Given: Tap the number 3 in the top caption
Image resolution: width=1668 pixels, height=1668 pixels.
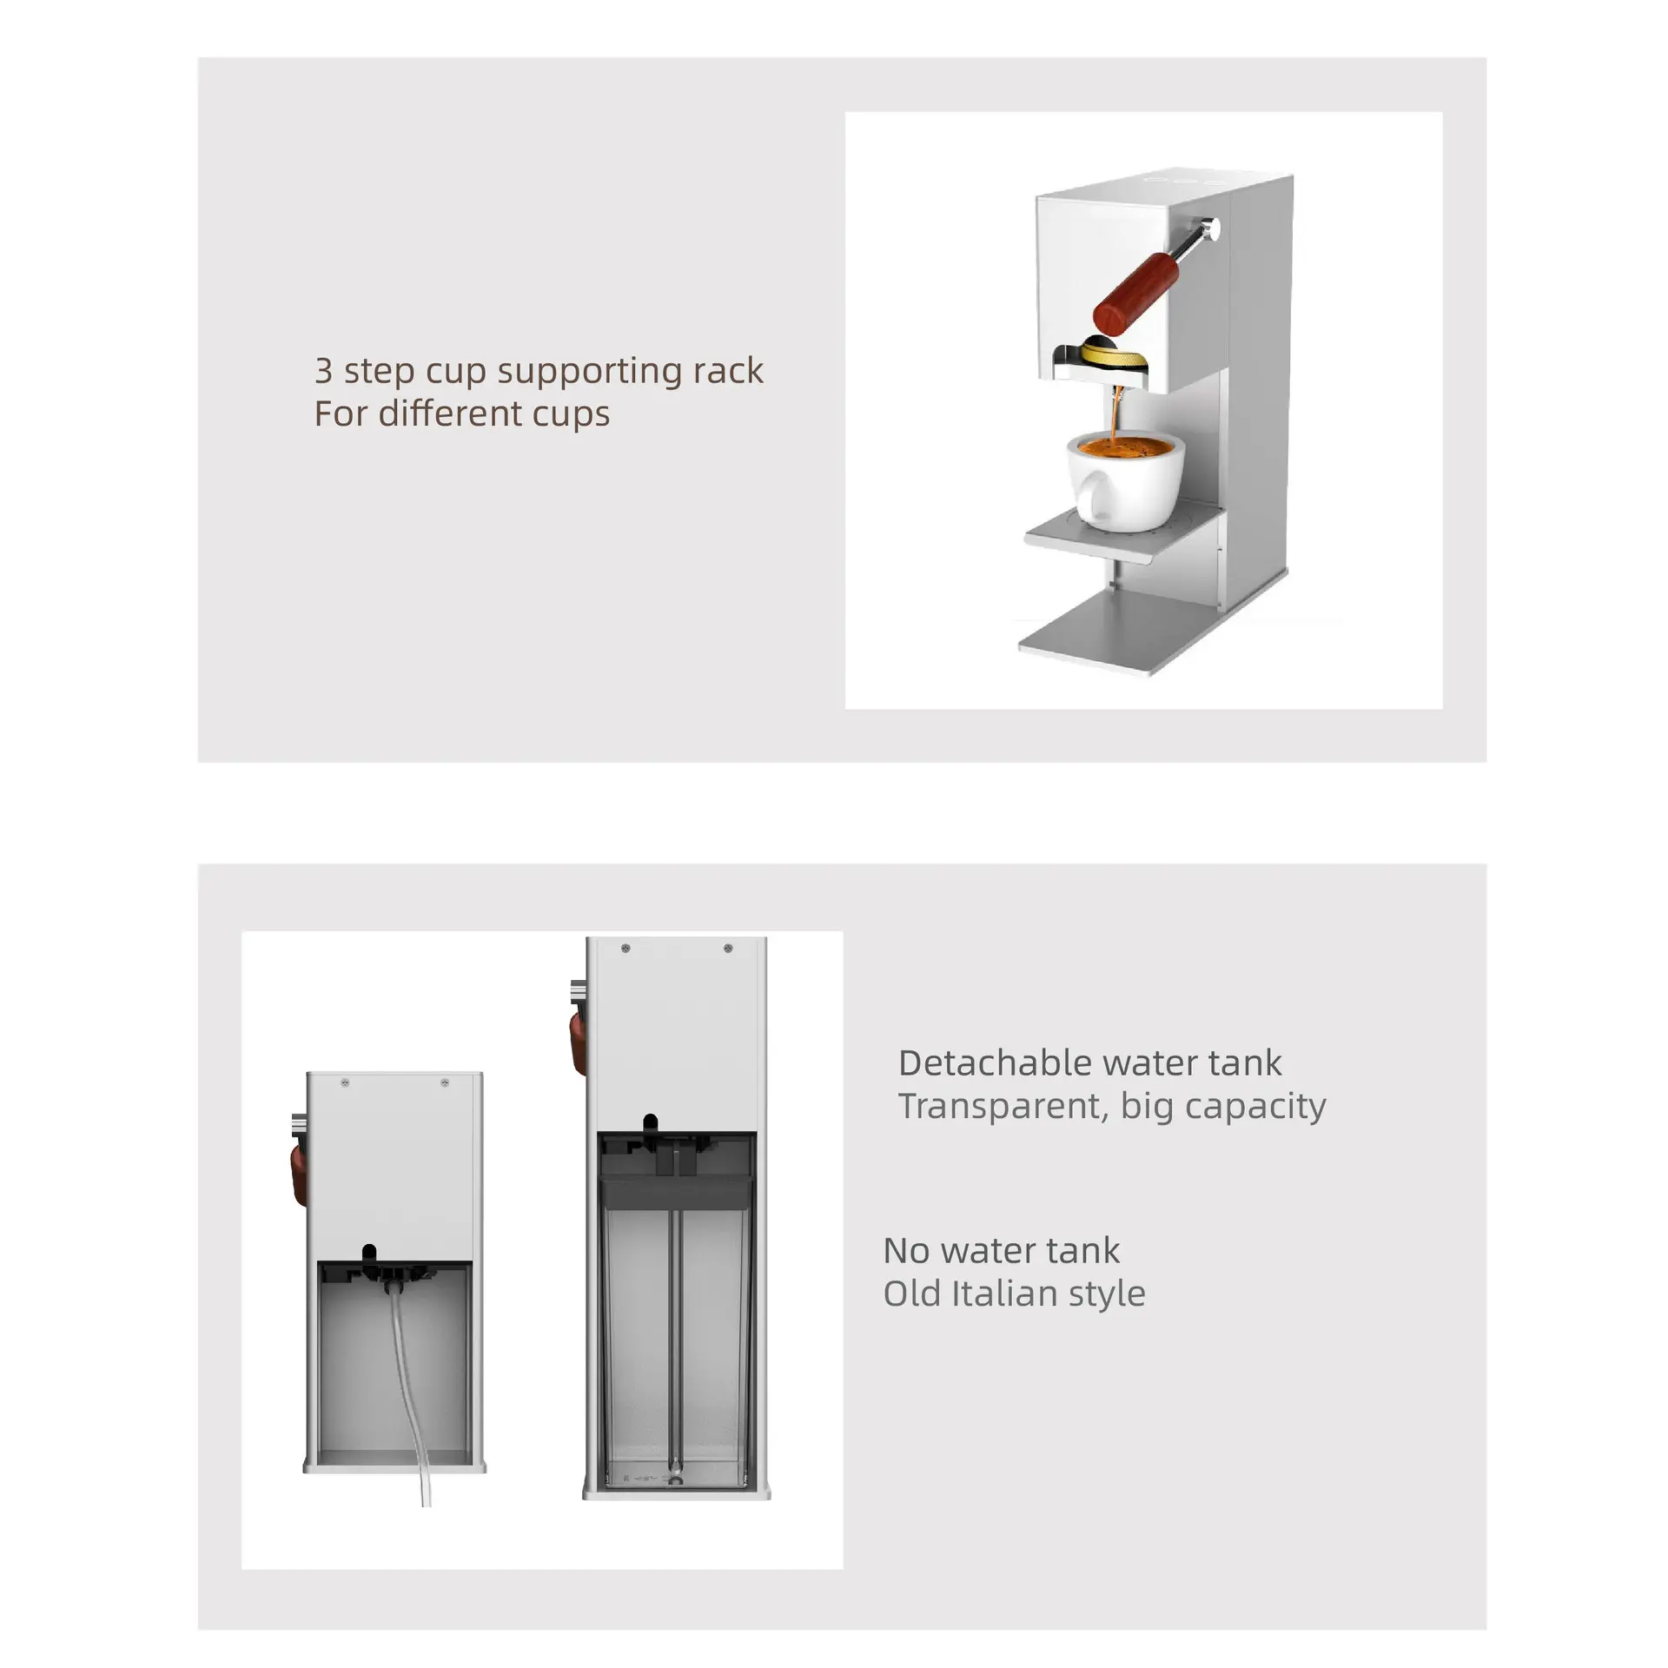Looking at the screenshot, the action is point(323,371).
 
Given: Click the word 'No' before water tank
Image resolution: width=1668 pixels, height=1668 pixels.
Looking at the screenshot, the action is point(906,1251).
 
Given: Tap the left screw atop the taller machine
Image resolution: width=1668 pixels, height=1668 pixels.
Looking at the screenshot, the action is point(625,948).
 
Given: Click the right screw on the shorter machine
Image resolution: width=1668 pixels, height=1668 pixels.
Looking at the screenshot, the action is point(445,1082).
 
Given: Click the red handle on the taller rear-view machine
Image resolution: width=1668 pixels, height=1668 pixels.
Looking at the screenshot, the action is point(579,1043).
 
